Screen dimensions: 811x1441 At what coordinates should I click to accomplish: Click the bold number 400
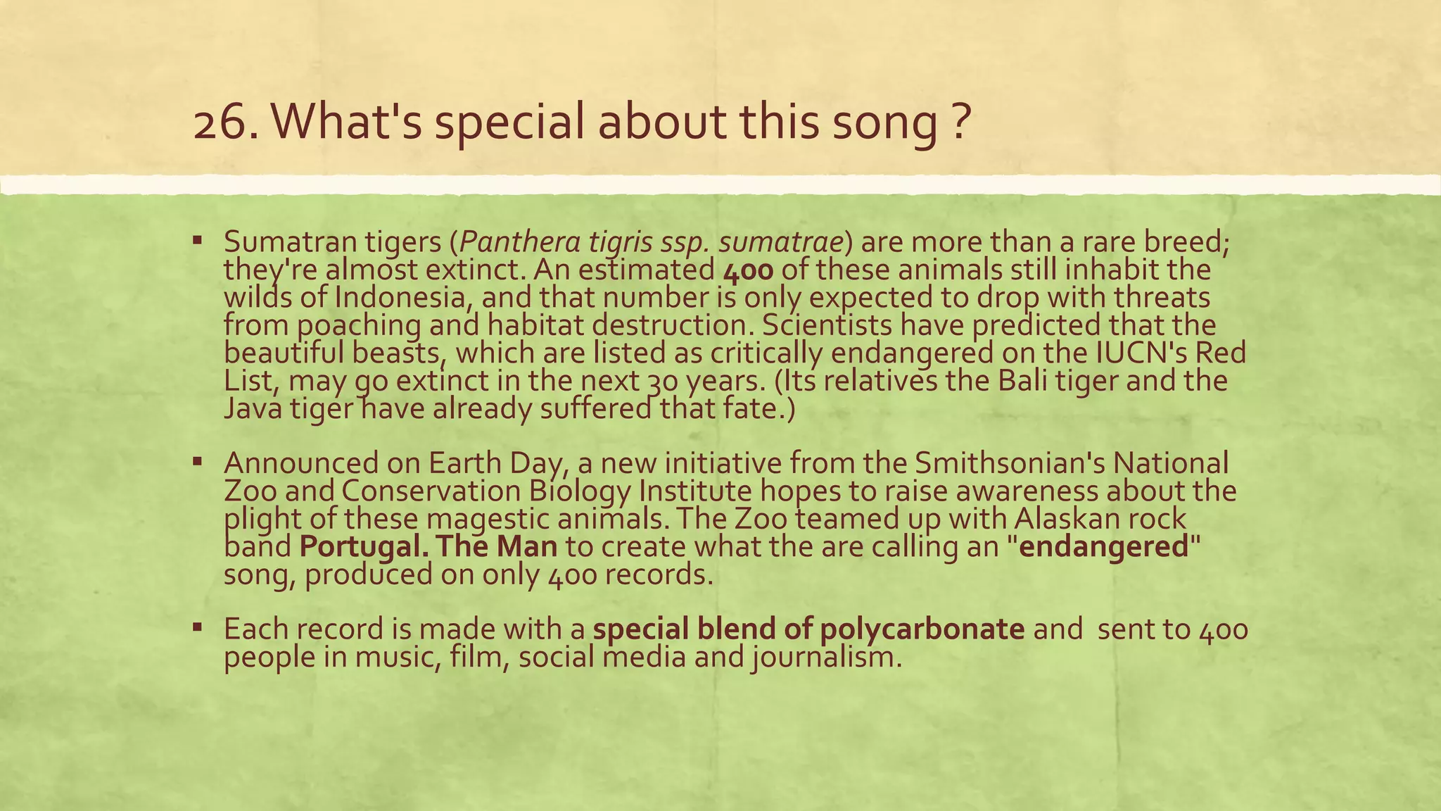pos(748,270)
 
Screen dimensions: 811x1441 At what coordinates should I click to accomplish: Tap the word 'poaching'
pos(359,325)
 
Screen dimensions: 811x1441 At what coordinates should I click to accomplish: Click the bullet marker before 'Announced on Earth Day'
pos(198,462)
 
